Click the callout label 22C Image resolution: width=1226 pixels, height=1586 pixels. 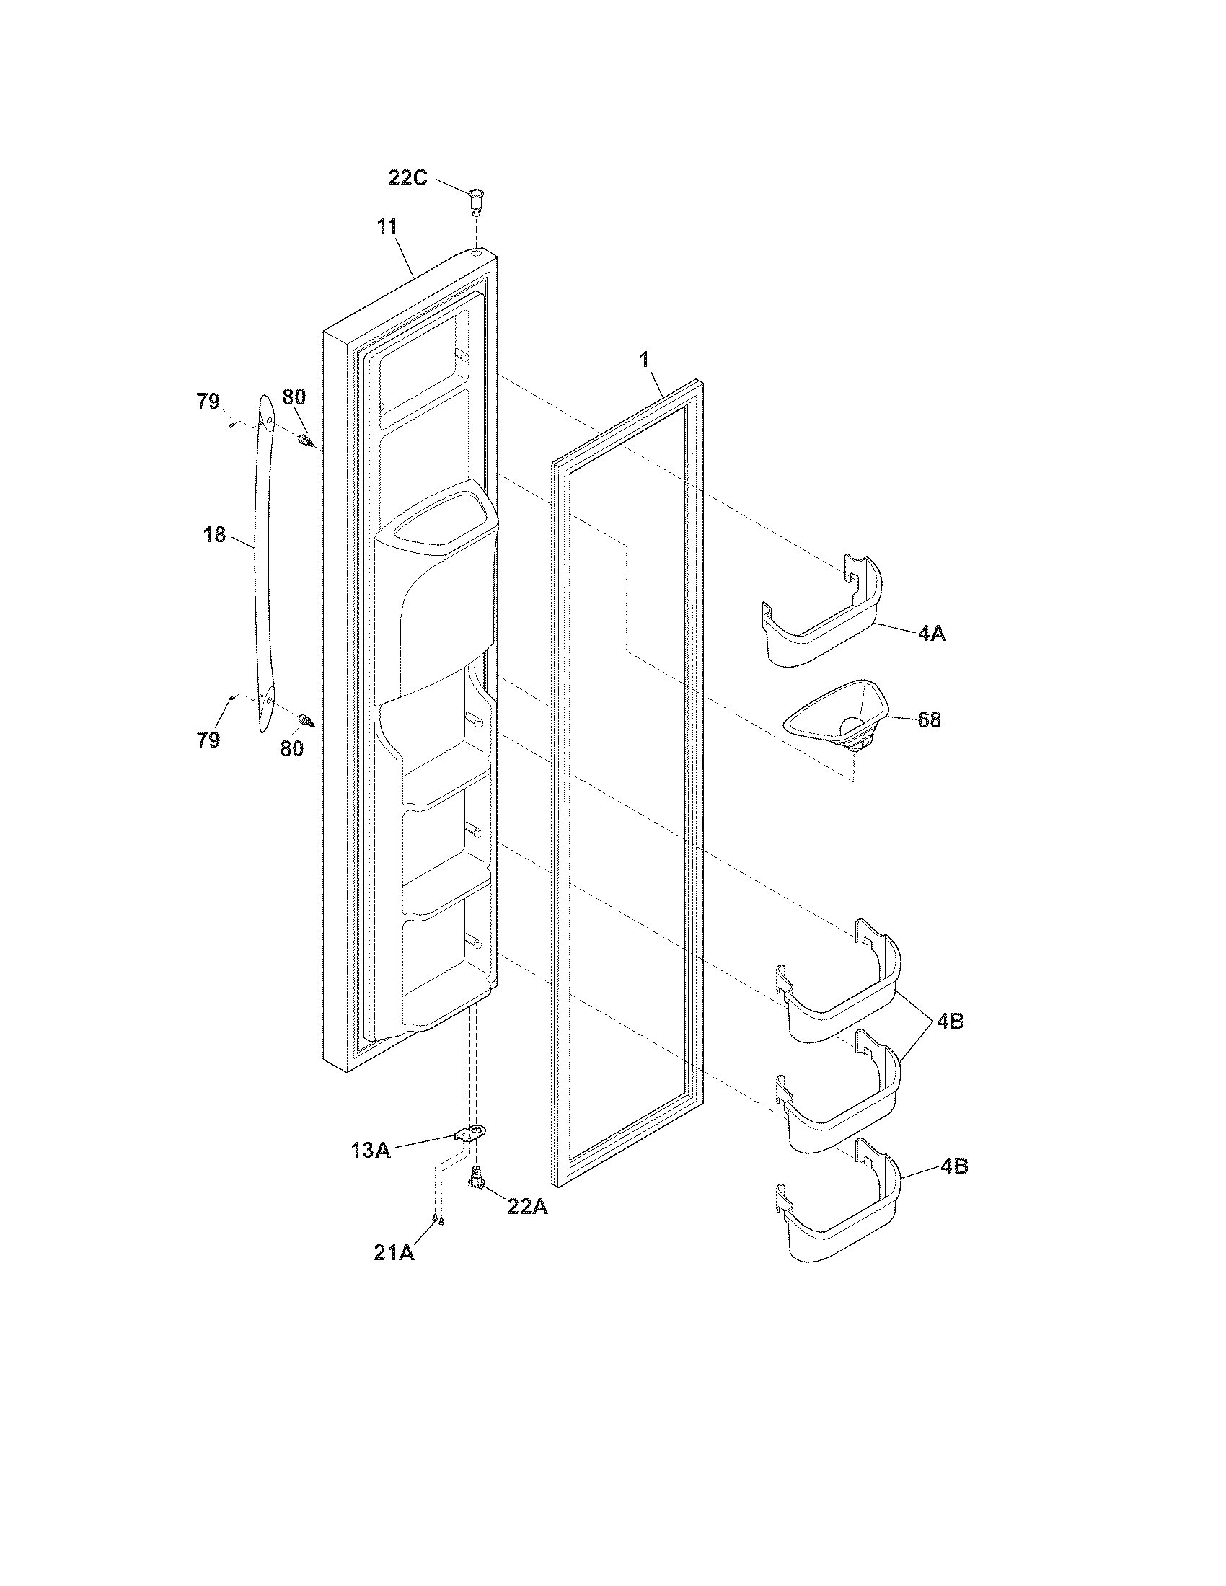click(x=407, y=177)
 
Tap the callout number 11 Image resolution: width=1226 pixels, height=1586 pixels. click(x=387, y=226)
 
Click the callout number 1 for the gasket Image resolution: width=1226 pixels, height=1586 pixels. click(x=643, y=359)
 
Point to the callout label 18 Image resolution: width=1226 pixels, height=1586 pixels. click(x=214, y=535)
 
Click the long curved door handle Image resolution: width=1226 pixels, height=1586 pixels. click(x=263, y=567)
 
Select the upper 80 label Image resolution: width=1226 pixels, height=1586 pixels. click(x=294, y=396)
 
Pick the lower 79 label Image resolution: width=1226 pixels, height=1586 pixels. click(x=208, y=740)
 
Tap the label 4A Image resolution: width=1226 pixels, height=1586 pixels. click(x=932, y=633)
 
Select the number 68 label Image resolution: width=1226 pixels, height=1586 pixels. click(x=929, y=719)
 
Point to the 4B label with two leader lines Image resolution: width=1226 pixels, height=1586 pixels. click(x=949, y=1020)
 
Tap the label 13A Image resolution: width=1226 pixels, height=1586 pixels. click(x=370, y=1151)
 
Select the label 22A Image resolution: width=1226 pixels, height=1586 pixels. click(x=528, y=1206)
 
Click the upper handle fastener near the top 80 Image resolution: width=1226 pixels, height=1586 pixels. click(x=306, y=440)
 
